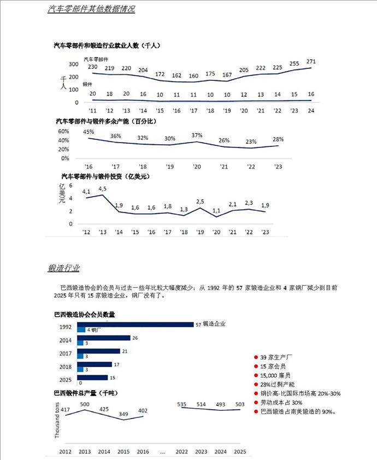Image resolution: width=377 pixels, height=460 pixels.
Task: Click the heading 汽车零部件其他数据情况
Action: (x=91, y=9)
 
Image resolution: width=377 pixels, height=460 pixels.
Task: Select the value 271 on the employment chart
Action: (x=311, y=61)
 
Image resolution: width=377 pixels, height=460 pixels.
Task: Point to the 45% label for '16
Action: (x=89, y=132)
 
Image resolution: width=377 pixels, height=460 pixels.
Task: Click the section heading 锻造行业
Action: (x=63, y=268)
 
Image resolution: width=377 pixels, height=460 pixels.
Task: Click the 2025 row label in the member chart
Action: (x=65, y=380)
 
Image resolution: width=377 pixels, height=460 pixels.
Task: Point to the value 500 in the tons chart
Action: (x=85, y=404)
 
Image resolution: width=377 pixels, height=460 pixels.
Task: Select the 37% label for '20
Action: (x=197, y=135)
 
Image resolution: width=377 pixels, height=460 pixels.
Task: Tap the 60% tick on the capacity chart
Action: (x=63, y=132)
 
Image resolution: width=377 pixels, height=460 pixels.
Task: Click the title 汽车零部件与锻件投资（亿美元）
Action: (x=105, y=176)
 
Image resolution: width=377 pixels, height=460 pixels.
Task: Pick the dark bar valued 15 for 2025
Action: (x=92, y=378)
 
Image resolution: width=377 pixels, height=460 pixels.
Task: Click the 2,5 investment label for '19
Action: (x=200, y=202)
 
